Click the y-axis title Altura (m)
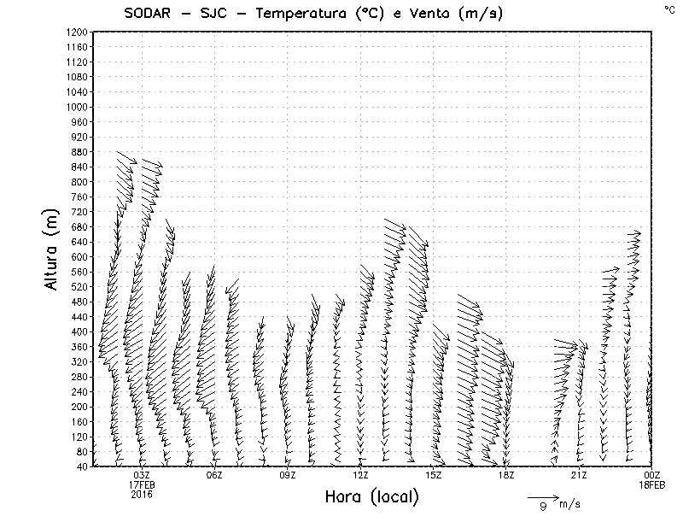tap(52, 249)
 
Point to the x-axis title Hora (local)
tap(371, 497)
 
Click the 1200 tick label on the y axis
tap(77, 32)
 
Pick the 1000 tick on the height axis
tap(77, 107)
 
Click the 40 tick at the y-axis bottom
tap(82, 466)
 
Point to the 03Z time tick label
tap(142, 475)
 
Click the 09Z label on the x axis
tap(288, 475)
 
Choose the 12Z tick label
tap(360, 475)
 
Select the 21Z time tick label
tap(579, 475)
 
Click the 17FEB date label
tap(142, 484)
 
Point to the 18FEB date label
tap(651, 484)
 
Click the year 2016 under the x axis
tap(142, 494)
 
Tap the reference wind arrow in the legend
tap(542, 496)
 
